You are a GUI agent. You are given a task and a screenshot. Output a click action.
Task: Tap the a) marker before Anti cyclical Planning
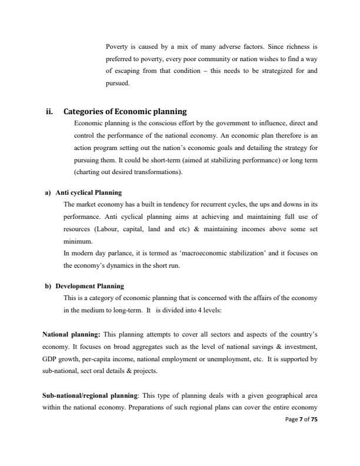(48, 192)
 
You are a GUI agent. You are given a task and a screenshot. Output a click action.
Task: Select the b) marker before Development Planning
(48, 286)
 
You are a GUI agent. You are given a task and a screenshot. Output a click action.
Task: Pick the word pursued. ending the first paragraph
(116, 83)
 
